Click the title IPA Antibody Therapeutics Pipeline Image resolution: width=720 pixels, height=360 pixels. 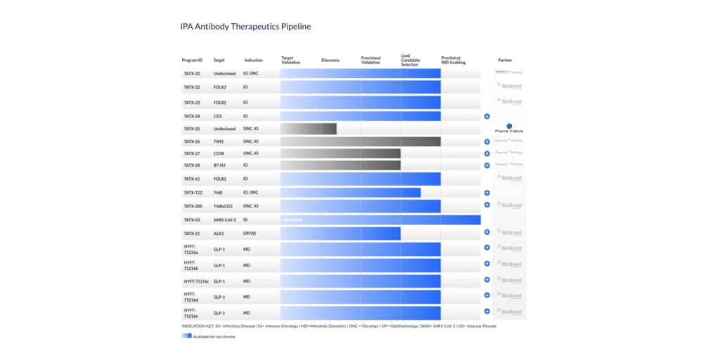click(245, 27)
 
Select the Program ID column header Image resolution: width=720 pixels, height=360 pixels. click(192, 60)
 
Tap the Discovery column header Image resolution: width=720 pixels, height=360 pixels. click(330, 60)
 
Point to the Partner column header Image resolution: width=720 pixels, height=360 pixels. click(505, 60)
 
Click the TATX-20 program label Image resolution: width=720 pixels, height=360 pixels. click(192, 73)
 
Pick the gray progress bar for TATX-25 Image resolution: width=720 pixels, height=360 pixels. click(308, 129)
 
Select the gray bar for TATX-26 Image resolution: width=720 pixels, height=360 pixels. click(360, 141)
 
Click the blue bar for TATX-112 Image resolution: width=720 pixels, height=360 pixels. click(350, 192)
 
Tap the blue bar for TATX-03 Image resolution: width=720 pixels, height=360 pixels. click(380, 220)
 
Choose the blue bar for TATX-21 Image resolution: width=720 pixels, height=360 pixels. click(340, 233)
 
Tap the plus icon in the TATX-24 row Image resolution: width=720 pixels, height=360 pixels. click(487, 116)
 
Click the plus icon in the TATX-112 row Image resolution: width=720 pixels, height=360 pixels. click(487, 192)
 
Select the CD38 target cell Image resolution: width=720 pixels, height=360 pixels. click(219, 153)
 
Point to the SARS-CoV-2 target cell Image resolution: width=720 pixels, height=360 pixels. click(224, 220)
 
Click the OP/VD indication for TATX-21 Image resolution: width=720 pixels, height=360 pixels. click(250, 233)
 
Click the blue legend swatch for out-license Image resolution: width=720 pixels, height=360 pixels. click(186, 336)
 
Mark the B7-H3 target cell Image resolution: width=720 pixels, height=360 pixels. click(219, 165)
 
